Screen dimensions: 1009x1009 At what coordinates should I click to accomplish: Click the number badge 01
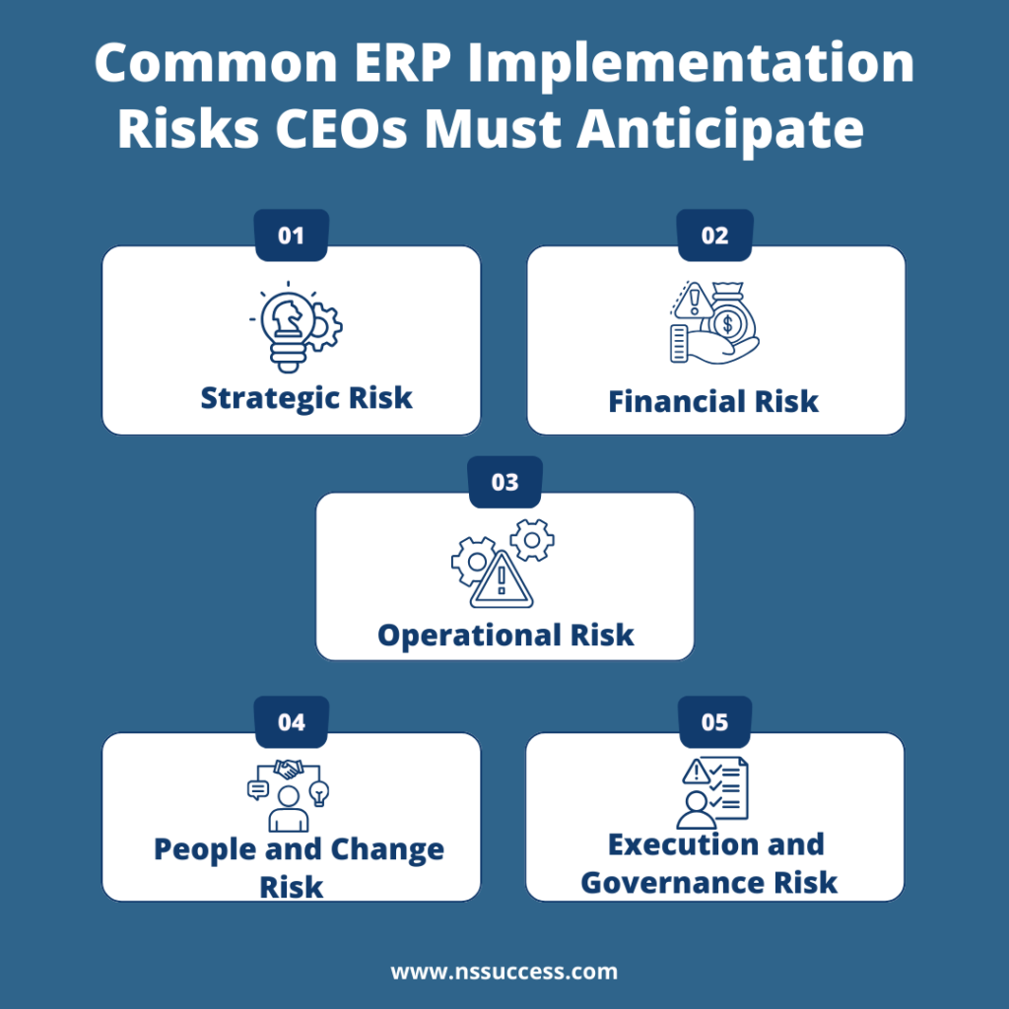click(292, 236)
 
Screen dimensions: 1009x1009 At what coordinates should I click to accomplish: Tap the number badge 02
click(715, 236)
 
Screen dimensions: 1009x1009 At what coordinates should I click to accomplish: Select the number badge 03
click(504, 483)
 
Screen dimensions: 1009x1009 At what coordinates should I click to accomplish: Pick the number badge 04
click(292, 723)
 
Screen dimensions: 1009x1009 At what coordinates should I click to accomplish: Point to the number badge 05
click(715, 723)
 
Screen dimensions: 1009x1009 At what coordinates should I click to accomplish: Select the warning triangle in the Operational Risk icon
click(502, 580)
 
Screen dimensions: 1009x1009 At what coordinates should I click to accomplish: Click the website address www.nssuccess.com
click(504, 972)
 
